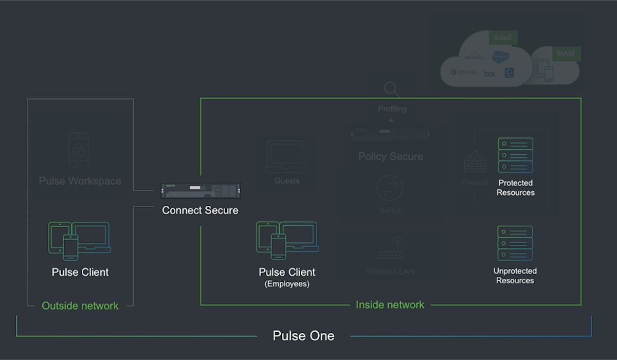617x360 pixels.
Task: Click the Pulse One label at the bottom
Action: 303,336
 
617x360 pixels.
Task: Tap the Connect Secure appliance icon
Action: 200,190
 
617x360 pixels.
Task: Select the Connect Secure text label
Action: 200,210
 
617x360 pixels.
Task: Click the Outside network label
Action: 80,305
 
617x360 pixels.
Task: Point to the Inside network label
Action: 390,304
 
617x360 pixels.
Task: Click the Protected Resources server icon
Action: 515,155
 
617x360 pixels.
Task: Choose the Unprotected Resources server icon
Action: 515,243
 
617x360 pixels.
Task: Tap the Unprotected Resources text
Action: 515,276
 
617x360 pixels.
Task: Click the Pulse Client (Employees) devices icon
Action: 287,240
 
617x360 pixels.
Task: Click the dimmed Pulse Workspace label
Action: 80,181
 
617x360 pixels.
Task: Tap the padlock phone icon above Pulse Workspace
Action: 79,149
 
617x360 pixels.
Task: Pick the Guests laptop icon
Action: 287,156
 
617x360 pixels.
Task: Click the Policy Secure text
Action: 391,156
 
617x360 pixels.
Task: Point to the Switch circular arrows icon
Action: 390,188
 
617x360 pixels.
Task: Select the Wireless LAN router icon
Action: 390,250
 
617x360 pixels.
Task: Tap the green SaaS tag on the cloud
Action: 502,38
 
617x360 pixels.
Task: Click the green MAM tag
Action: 566,53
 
